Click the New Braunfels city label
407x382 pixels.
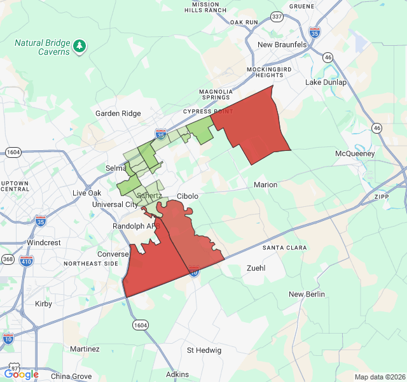[282, 45]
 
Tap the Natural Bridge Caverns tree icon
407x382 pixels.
[79, 46]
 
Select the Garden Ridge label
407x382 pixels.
[118, 113]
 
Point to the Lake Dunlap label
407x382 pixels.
[326, 82]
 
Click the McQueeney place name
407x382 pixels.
[355, 153]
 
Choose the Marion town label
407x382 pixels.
[265, 185]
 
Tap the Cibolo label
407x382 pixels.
[188, 196]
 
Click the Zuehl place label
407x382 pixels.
[256, 268]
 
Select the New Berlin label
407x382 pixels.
[307, 294]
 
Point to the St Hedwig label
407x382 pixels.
[203, 350]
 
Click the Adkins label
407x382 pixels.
[177, 374]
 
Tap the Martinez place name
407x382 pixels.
[85, 349]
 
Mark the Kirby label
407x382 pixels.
[43, 304]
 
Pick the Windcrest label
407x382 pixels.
[43, 243]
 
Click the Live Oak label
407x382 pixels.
[86, 193]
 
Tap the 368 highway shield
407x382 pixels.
[8, 259]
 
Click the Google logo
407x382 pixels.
[21, 374]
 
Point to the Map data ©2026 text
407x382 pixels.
[379, 377]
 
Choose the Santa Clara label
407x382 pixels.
[284, 248]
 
